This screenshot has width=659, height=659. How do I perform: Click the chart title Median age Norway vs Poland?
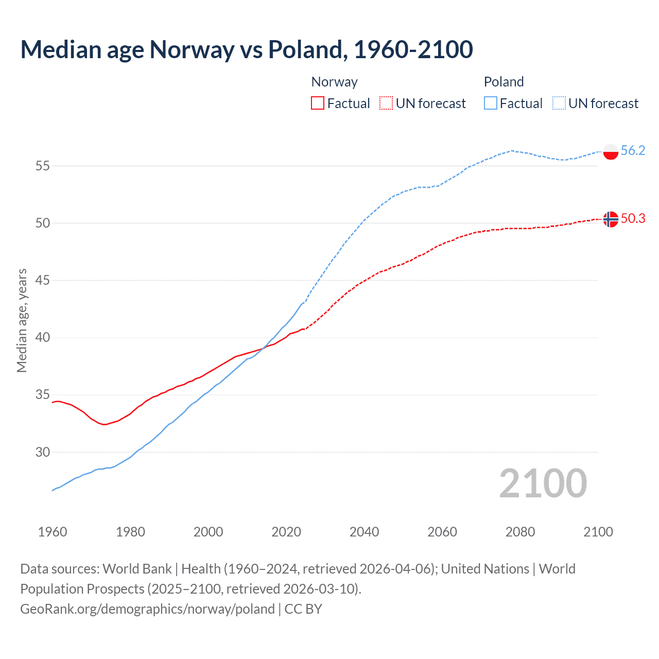coord(246,49)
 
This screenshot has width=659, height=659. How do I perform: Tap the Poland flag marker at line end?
coord(610,151)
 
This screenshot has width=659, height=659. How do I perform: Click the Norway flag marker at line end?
coord(610,219)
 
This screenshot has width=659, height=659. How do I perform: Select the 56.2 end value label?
coord(633,150)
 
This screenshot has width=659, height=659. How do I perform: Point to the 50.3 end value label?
coord(633,219)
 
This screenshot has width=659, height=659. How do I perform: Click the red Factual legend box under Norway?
coord(318,103)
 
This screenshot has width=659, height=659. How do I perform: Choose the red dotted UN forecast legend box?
coord(386,103)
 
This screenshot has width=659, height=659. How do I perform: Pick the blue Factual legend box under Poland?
coord(490,103)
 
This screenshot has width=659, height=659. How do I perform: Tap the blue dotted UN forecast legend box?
coord(559,103)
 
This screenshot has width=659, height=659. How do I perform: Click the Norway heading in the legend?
coord(334,82)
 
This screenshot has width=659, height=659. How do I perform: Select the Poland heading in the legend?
coord(504,82)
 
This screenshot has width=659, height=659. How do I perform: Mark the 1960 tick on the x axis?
coord(53,532)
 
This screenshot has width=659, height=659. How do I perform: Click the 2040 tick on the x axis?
coord(364,532)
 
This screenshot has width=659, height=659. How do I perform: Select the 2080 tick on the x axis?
coord(520,532)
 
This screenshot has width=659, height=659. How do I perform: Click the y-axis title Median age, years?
coord(22,320)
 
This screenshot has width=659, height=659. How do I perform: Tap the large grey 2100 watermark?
coord(543,483)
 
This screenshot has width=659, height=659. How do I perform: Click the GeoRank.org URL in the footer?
coord(147,609)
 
